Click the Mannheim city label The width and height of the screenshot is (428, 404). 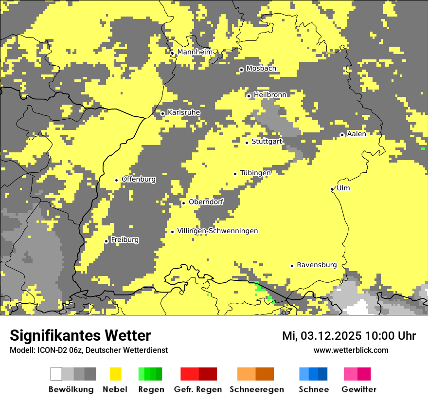(195, 52)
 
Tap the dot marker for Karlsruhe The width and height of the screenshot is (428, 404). (163, 113)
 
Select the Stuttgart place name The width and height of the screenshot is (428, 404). (267, 142)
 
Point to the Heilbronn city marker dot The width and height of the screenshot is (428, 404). (249, 96)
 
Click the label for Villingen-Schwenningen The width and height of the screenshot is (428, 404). (217, 231)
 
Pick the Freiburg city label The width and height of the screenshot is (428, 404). (125, 240)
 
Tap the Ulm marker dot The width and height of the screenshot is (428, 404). (332, 189)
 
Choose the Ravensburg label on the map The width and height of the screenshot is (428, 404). (317, 265)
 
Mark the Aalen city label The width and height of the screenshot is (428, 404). (357, 134)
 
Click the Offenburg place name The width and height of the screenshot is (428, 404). (139, 179)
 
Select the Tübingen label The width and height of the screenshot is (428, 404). (255, 173)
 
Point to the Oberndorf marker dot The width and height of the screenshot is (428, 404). (183, 203)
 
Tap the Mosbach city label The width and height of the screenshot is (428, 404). (261, 69)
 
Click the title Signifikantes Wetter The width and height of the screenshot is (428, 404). (80, 336)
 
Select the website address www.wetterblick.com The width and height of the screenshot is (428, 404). (351, 350)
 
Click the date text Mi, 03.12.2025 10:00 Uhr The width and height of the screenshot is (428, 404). (349, 336)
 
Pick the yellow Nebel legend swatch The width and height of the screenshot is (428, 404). (116, 374)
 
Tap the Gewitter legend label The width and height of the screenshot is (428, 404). (358, 389)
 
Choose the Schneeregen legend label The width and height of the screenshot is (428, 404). (256, 389)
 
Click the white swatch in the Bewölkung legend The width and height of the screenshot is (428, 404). (56, 374)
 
